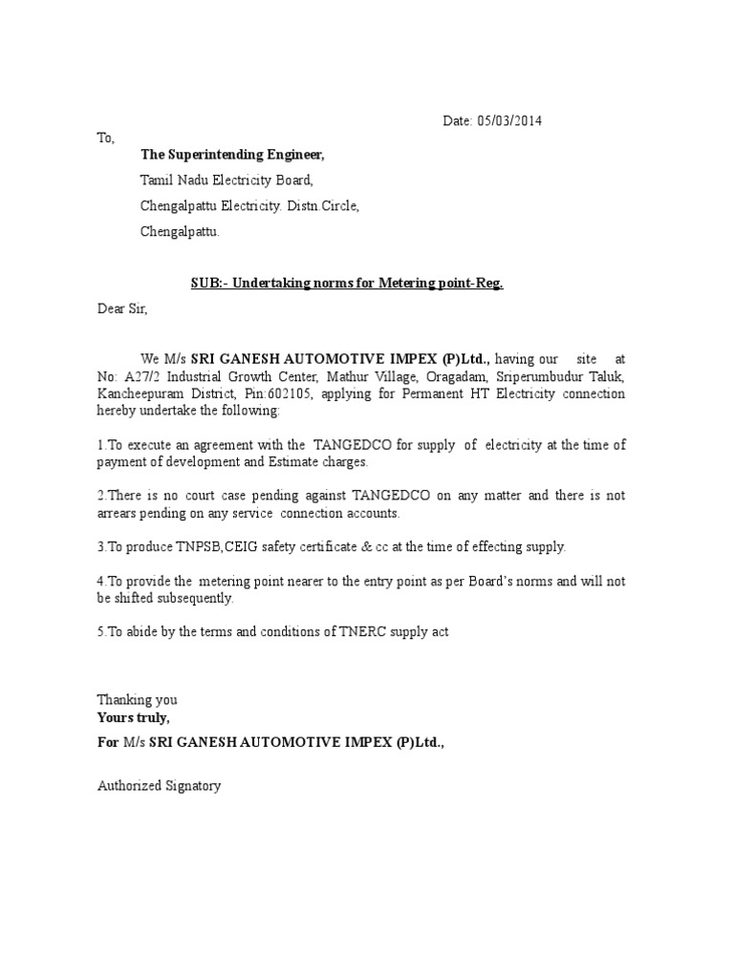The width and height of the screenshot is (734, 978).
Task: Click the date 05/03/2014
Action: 512,121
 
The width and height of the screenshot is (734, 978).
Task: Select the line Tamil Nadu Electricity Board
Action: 227,180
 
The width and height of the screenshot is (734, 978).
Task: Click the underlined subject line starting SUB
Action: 342,284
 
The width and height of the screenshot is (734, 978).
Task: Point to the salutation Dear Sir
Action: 122,308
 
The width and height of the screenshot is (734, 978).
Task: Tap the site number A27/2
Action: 137,376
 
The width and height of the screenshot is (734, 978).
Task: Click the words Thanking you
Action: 137,700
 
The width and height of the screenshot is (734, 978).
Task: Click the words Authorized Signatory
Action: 159,786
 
